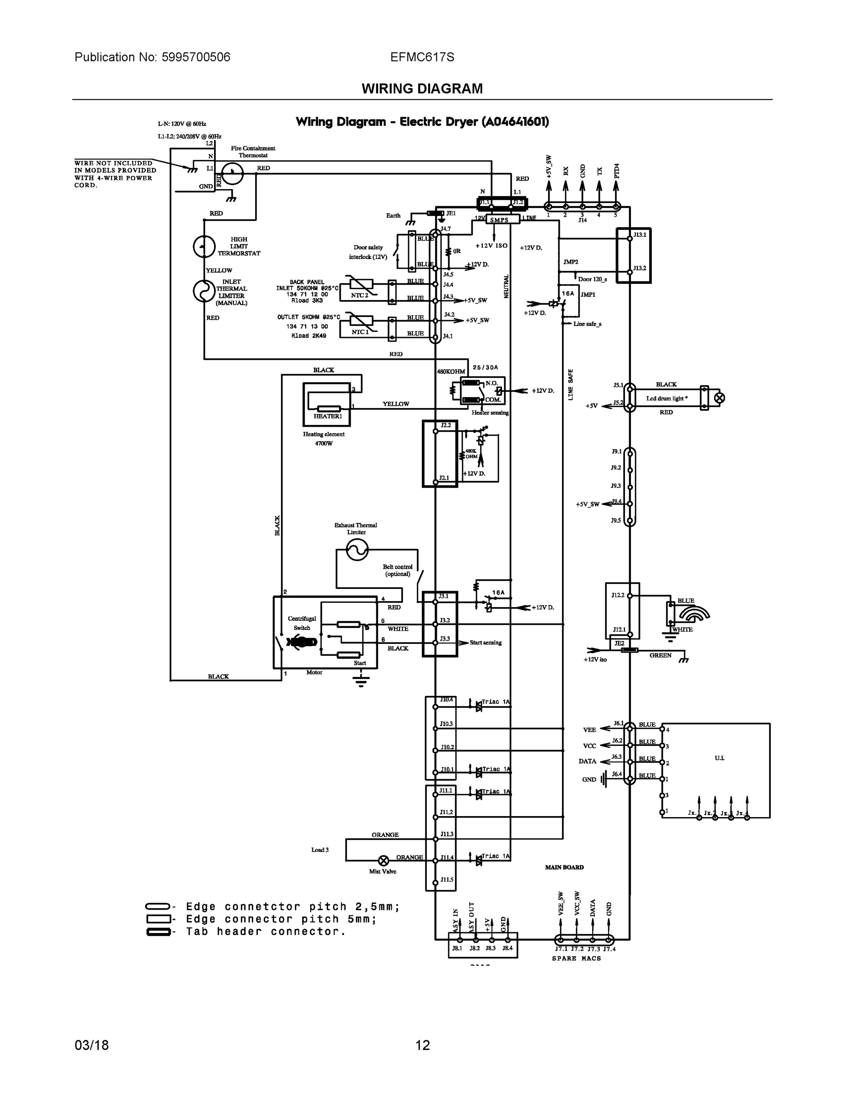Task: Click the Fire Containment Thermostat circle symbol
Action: tap(232, 174)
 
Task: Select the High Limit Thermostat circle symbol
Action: tap(204, 247)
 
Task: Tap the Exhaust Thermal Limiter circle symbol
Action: tap(357, 551)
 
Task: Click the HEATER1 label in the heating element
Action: tap(328, 416)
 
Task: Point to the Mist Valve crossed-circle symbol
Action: tap(384, 861)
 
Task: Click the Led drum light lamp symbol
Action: tap(719, 398)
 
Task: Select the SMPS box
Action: tap(499, 220)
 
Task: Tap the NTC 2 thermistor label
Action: tap(359, 295)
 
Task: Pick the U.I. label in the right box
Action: tap(719, 758)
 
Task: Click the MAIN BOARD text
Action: tap(564, 867)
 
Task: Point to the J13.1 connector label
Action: tap(640, 234)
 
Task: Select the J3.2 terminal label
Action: tap(445, 620)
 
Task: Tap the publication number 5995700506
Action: tap(196, 57)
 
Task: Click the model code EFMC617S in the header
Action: tap(422, 57)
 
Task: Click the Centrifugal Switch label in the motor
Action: tap(302, 623)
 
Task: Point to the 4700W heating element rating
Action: tap(323, 444)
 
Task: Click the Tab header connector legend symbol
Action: tap(158, 932)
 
